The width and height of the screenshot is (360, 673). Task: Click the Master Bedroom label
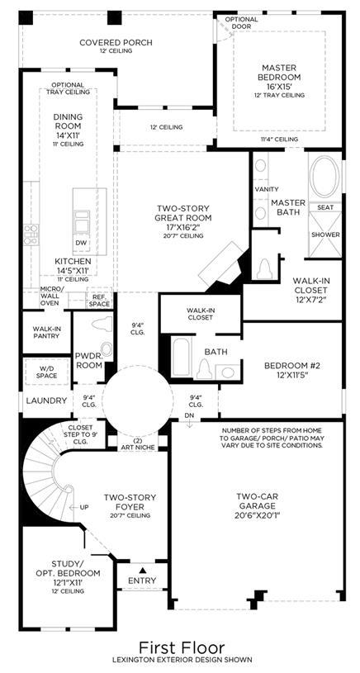click(279, 73)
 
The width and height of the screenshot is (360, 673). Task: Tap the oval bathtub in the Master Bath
click(324, 176)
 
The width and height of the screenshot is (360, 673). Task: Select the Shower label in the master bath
click(325, 235)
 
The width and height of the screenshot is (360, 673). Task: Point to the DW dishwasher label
click(81, 243)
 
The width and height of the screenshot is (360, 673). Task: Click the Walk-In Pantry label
click(46, 332)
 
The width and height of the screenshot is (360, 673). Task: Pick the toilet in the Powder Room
click(102, 324)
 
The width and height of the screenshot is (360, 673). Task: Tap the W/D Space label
click(46, 372)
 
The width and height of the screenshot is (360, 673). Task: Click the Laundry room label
click(46, 400)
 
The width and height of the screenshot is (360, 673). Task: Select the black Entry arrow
click(143, 571)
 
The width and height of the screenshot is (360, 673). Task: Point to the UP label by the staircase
click(84, 507)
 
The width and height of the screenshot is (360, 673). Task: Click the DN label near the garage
click(189, 415)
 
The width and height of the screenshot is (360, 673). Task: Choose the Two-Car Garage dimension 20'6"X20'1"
click(258, 514)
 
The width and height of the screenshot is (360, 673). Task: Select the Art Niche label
click(137, 444)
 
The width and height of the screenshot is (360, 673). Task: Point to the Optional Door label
click(242, 23)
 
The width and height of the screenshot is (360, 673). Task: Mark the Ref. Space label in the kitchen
click(99, 300)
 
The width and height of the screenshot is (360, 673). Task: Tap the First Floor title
click(182, 647)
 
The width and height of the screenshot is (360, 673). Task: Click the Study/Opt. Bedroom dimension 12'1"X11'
click(67, 582)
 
